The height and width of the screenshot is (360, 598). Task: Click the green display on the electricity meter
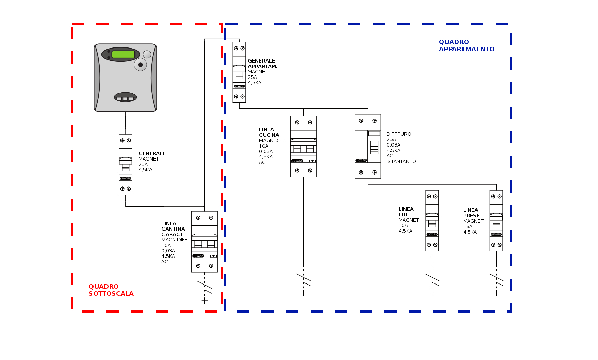[x=123, y=54]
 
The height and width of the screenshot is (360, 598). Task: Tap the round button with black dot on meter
[x=140, y=65]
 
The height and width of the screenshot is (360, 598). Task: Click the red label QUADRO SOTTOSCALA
[x=111, y=290]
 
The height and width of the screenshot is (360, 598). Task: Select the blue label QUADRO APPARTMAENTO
[x=467, y=45]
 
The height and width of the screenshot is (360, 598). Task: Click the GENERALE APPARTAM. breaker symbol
[x=239, y=72]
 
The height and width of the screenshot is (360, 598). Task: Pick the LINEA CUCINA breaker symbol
[x=303, y=147]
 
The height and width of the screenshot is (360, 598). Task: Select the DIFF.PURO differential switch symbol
[x=368, y=147]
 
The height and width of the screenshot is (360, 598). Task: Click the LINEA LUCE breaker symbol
[x=432, y=221]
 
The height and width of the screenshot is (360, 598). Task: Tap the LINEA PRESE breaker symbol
[x=496, y=221]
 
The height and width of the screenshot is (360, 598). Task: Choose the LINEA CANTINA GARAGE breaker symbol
[x=204, y=242]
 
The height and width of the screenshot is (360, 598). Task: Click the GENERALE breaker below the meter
[x=126, y=165]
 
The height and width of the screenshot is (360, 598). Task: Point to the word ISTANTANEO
[x=401, y=162]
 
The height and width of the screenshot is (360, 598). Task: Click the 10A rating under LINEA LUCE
[x=403, y=225]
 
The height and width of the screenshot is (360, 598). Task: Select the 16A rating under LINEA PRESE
[x=468, y=226]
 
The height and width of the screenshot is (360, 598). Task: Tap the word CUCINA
[x=269, y=135]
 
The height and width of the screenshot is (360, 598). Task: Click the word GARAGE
[x=172, y=234]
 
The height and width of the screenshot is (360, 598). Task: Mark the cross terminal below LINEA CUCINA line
[x=303, y=293]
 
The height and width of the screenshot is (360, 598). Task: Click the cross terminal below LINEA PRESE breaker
[x=496, y=293]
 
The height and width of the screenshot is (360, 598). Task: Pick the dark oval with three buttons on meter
[x=125, y=97]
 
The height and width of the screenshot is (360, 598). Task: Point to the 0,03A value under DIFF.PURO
[x=394, y=145]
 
